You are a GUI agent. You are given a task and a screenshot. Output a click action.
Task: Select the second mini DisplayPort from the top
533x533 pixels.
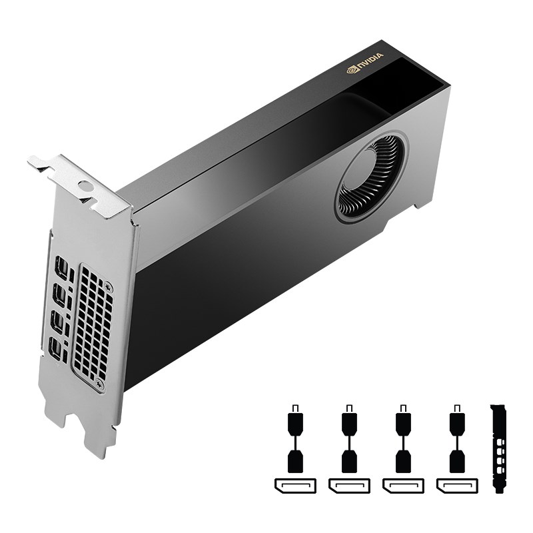(59, 295)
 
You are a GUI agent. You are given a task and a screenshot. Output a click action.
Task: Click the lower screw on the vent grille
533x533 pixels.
(100, 384)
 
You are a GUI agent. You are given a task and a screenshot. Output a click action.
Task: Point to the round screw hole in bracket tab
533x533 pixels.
(85, 187)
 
